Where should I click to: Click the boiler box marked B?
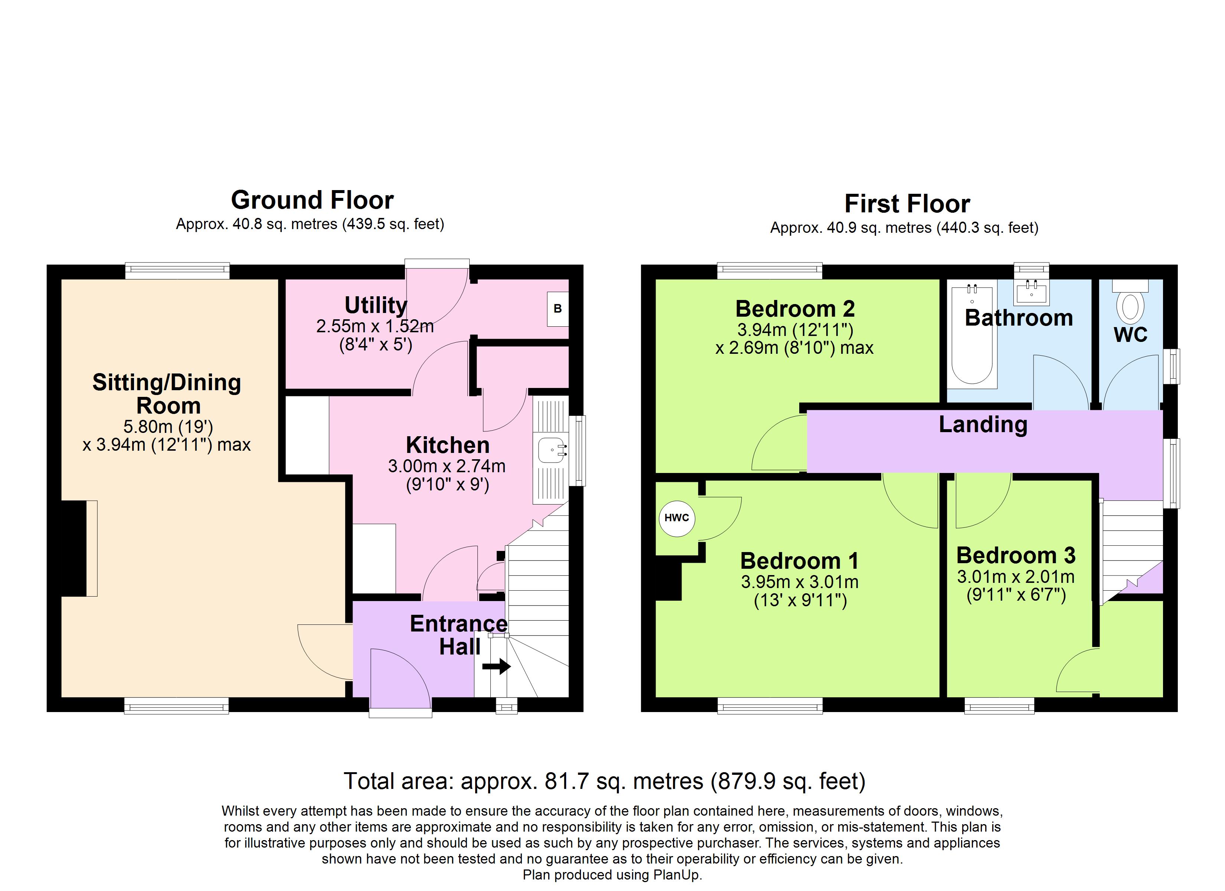tap(558, 309)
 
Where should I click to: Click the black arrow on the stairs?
tap(496, 666)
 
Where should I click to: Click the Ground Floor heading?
tap(312, 200)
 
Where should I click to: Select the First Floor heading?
tap(907, 204)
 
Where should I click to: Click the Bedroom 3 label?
tap(1015, 555)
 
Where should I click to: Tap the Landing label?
tap(983, 424)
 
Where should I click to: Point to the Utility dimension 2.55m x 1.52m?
tap(375, 326)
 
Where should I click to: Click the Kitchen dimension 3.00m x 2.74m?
tap(447, 466)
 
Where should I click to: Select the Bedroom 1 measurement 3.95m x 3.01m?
tap(799, 582)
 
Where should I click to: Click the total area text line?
tap(604, 781)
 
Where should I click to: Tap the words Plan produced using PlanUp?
tap(612, 875)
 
